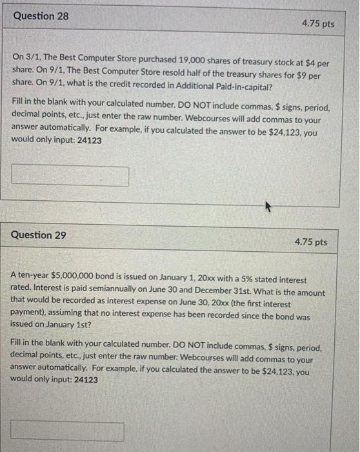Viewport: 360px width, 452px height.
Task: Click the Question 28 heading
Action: click(x=40, y=15)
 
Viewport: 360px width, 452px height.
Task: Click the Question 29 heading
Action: click(x=39, y=235)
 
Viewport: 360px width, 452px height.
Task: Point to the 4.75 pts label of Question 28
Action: click(x=318, y=24)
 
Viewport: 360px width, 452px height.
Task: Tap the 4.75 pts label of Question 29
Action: click(x=311, y=242)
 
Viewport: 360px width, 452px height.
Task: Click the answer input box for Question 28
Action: click(x=70, y=176)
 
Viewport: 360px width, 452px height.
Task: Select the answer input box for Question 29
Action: click(x=67, y=431)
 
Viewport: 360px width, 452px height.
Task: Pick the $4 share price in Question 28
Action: click(x=315, y=62)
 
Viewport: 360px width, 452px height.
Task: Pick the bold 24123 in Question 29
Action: click(x=86, y=380)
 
